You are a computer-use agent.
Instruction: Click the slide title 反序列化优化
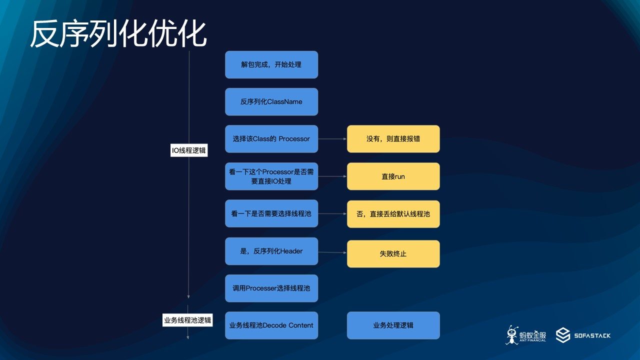pyautogui.click(x=118, y=34)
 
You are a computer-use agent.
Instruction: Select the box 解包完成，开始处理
pyautogui.click(x=271, y=64)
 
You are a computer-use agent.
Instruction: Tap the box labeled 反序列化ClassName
pyautogui.click(x=271, y=101)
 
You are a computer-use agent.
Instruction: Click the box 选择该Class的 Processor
pyautogui.click(x=271, y=138)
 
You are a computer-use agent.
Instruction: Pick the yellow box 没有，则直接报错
pyautogui.click(x=393, y=138)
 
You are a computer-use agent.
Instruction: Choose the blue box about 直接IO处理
pyautogui.click(x=271, y=176)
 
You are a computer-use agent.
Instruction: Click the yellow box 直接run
pyautogui.click(x=393, y=176)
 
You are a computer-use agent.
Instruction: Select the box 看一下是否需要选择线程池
pyautogui.click(x=271, y=213)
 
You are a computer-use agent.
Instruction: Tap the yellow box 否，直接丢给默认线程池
pyautogui.click(x=393, y=214)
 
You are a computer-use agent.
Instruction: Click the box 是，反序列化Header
pyautogui.click(x=271, y=251)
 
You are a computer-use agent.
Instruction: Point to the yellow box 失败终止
pyautogui.click(x=393, y=253)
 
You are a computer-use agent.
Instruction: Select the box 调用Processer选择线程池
pyautogui.click(x=271, y=288)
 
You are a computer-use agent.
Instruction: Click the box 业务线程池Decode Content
pyautogui.click(x=271, y=325)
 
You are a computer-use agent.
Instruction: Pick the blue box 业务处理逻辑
pyautogui.click(x=393, y=325)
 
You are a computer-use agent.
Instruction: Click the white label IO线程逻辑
pyautogui.click(x=189, y=149)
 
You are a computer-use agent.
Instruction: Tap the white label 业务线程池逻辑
pyautogui.click(x=187, y=320)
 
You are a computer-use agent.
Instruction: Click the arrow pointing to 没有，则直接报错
pyautogui.click(x=332, y=139)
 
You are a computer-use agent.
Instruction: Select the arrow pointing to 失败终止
pyautogui.click(x=332, y=252)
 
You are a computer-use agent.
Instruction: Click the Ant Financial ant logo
pyautogui.click(x=512, y=335)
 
